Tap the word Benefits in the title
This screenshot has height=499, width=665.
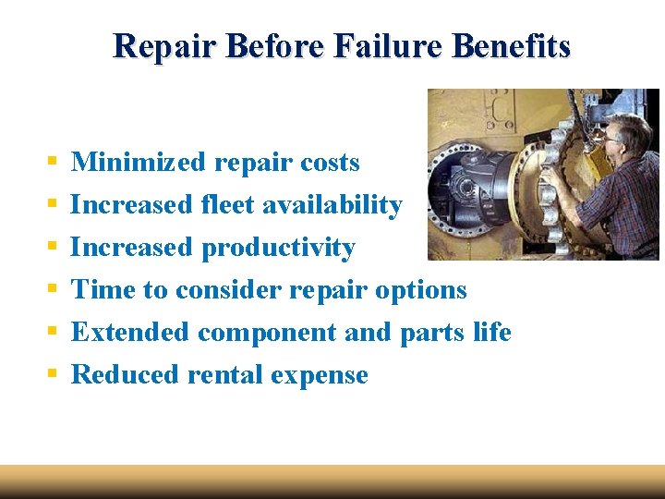(x=511, y=46)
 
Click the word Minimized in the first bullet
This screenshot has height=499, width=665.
(x=139, y=163)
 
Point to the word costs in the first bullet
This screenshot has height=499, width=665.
(x=330, y=163)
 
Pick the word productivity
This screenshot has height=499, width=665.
(x=278, y=248)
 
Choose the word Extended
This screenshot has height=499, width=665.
(x=129, y=332)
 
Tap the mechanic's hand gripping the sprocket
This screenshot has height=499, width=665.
(x=550, y=176)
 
